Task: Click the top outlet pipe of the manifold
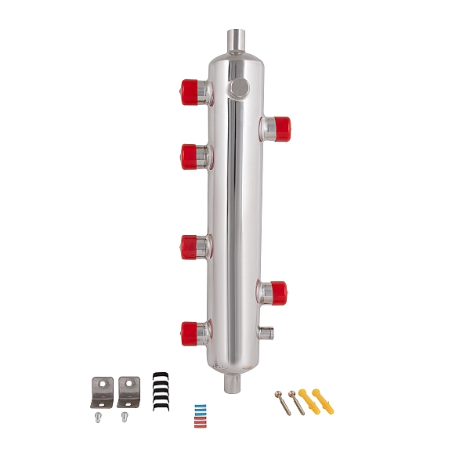click(236, 38)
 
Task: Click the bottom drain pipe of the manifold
click(233, 382)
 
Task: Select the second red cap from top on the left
click(190, 157)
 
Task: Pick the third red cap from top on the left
click(190, 248)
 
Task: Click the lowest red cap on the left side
click(190, 334)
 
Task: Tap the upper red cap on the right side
click(280, 125)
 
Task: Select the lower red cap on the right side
click(278, 293)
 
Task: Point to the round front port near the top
click(239, 86)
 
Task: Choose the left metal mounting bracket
click(102, 392)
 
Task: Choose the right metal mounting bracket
click(128, 392)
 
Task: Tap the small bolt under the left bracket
click(98, 418)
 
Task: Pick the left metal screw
click(284, 401)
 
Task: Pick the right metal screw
click(297, 402)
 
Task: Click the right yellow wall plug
click(323, 400)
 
